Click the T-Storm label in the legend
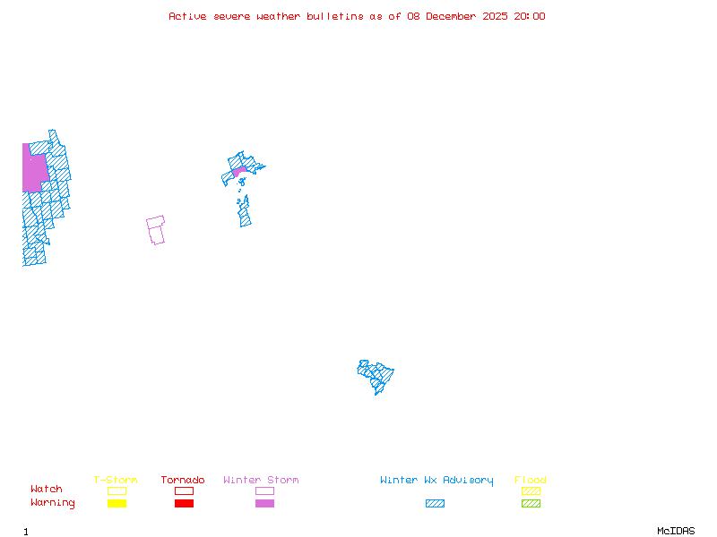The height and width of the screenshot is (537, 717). (116, 481)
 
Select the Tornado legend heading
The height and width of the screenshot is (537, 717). (183, 481)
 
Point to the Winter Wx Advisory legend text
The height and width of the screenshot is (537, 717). (436, 481)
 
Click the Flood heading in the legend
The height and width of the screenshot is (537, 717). (531, 481)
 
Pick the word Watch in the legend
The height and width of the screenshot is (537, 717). (47, 490)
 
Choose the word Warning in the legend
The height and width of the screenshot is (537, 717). (53, 503)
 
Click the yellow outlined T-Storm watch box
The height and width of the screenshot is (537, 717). (117, 490)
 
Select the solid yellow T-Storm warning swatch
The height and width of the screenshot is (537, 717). (117, 504)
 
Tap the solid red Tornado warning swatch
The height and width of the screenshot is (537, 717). (184, 504)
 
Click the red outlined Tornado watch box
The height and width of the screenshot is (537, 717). (184, 490)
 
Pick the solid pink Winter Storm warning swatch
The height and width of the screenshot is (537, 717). (264, 504)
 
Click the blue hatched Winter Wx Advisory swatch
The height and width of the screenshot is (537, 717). (435, 504)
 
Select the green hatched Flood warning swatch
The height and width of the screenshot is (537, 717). (531, 504)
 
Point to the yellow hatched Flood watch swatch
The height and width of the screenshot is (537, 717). (531, 490)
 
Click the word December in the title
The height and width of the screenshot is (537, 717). (456, 16)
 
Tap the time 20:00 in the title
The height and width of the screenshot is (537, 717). (529, 16)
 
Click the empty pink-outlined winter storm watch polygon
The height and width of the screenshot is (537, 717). (156, 230)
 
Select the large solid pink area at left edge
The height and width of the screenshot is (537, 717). (34, 172)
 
